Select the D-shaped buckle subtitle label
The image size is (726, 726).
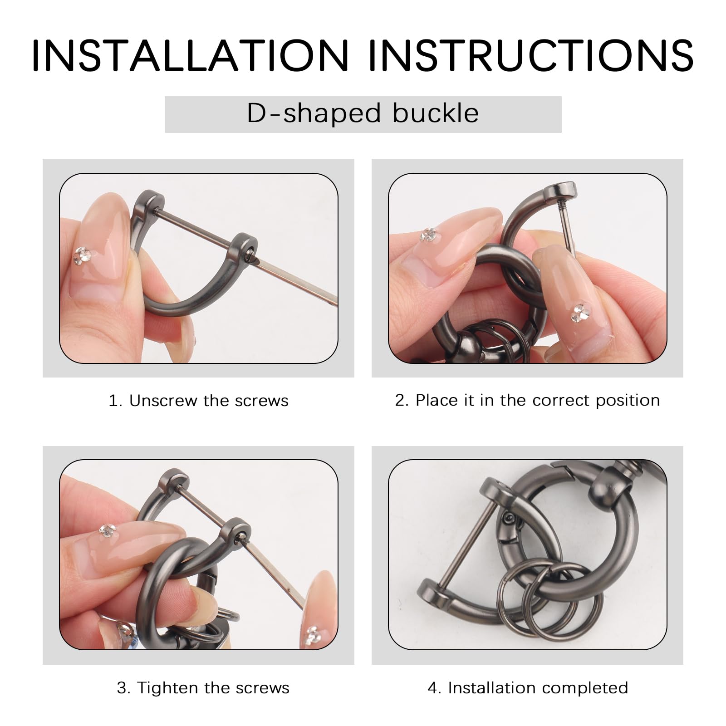363,113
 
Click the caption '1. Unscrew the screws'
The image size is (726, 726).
198,401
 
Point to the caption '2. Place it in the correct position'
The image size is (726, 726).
527,400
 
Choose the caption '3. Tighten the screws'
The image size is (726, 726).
203,688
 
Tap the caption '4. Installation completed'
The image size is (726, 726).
528,688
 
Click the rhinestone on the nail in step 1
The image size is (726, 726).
82,255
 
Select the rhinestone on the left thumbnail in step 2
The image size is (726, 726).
428,234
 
